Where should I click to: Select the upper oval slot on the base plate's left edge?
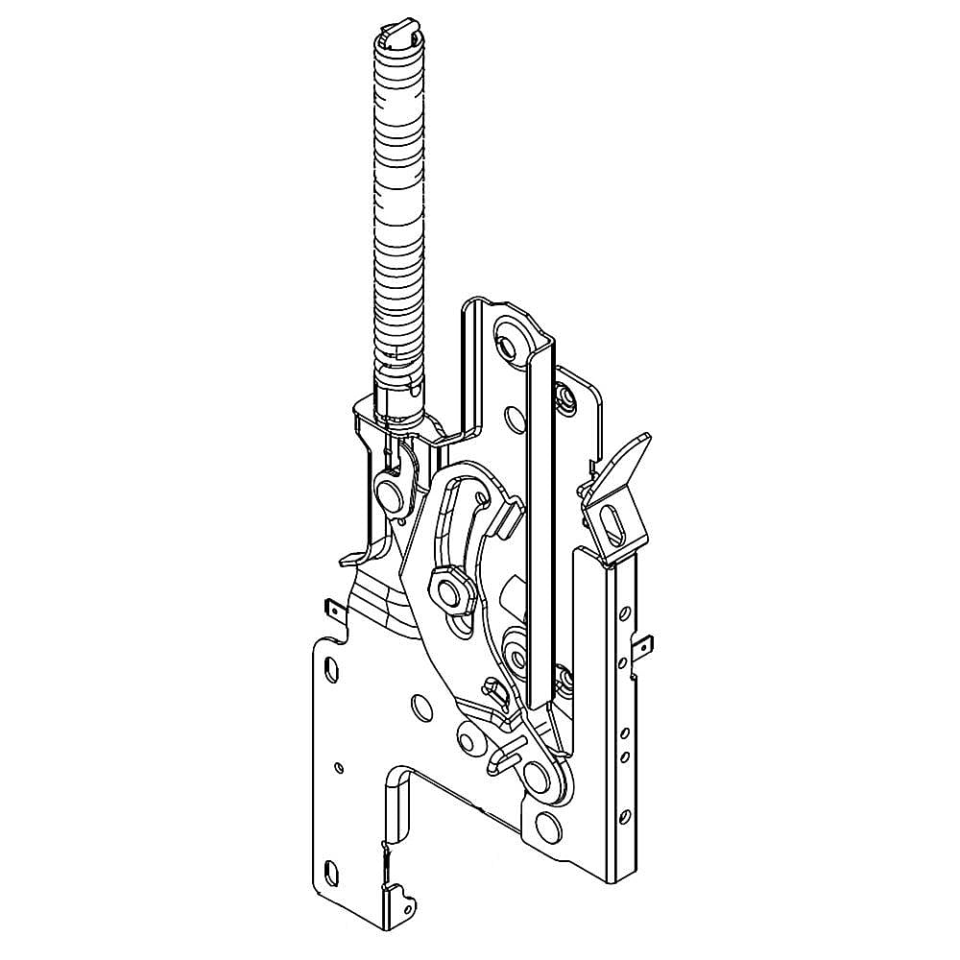tap(331, 667)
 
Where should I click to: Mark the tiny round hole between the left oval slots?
tap(339, 767)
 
